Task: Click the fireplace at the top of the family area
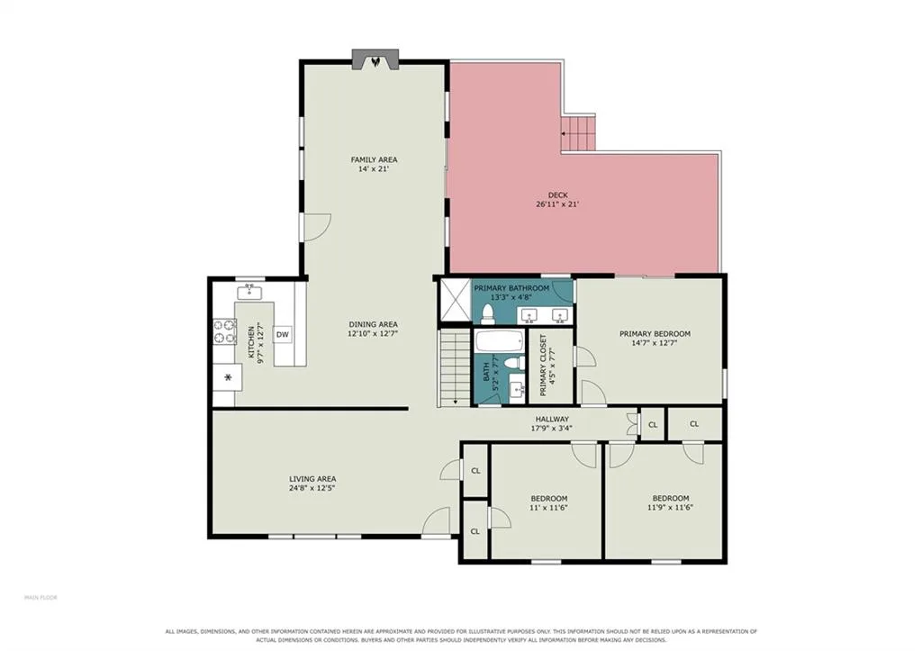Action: (x=375, y=59)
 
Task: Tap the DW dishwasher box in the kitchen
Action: (x=283, y=335)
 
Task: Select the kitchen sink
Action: (x=250, y=291)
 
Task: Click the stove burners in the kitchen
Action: (x=224, y=331)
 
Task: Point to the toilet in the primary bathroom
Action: (x=487, y=314)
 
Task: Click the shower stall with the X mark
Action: (x=456, y=301)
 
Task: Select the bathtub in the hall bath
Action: (x=499, y=340)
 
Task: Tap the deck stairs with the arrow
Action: (x=578, y=133)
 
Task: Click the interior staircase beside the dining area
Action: (x=455, y=368)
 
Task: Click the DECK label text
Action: (x=558, y=195)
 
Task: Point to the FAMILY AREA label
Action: (x=374, y=159)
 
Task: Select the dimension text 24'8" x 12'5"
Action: (x=312, y=488)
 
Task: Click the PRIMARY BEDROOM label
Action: (x=655, y=333)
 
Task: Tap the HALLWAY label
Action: (x=552, y=420)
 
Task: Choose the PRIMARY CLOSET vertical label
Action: (x=543, y=366)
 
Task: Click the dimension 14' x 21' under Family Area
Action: (x=374, y=169)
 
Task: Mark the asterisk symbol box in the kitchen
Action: (x=228, y=377)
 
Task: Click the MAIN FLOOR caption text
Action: (x=41, y=598)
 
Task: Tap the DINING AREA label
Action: (x=373, y=324)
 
